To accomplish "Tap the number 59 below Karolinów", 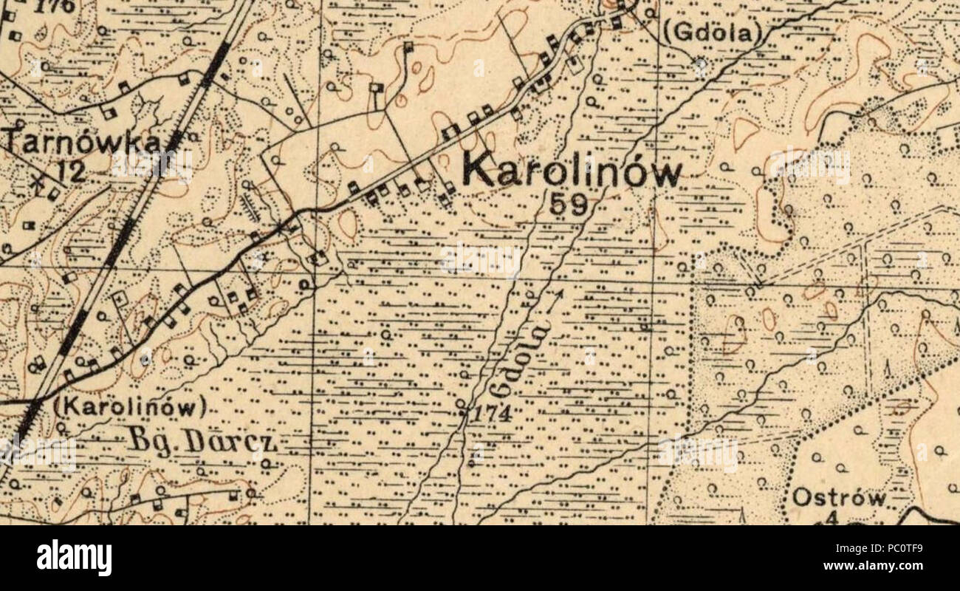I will pos(569,204).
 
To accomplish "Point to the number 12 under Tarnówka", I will pos(72,171).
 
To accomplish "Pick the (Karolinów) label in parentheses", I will pos(129,406).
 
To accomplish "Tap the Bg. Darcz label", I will pos(202,441).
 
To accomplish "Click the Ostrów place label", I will pos(838,497).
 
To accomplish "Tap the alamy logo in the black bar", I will pos(74,558).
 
